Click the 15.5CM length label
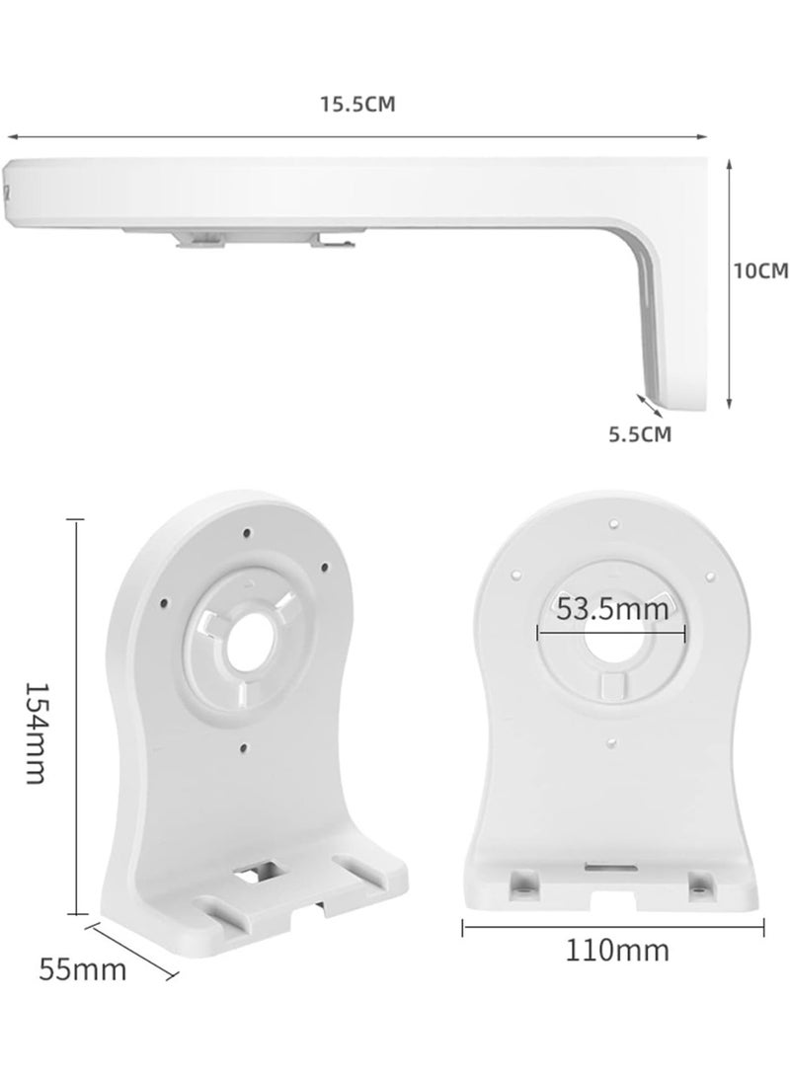[x=356, y=105]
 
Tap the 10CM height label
[x=759, y=269]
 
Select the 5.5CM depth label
[x=639, y=433]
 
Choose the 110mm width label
[x=616, y=951]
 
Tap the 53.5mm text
[x=612, y=608]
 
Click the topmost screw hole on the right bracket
[x=612, y=523]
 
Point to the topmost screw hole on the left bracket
[x=246, y=533]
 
